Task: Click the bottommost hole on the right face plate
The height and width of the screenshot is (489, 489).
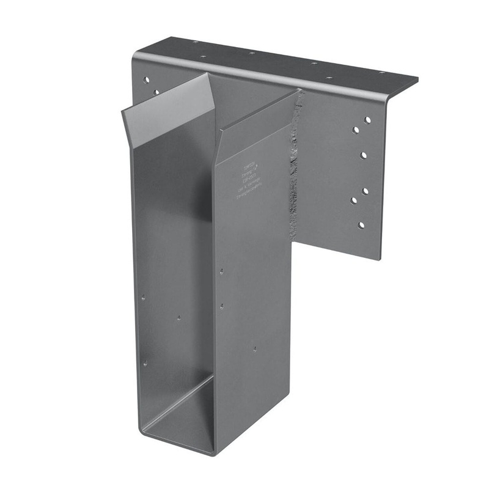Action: pos(361,225)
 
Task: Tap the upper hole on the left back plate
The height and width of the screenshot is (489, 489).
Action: pos(146,78)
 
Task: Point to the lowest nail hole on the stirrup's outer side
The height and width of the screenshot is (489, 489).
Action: pos(255,348)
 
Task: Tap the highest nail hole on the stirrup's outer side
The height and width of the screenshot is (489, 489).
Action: pos(221,270)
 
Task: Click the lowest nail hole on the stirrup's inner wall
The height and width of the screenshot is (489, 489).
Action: pos(145,363)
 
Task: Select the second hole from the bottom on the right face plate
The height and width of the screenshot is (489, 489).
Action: pos(353,199)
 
